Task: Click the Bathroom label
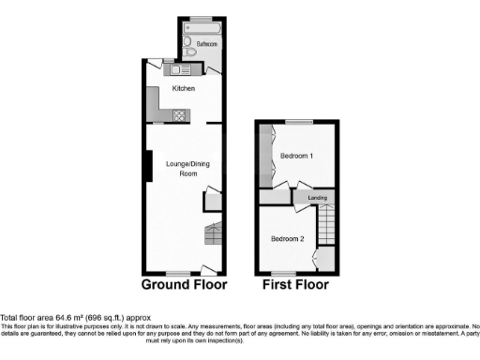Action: tap(207, 43)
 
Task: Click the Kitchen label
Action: tap(183, 88)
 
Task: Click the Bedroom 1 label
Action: tap(299, 155)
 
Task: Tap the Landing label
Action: tap(318, 197)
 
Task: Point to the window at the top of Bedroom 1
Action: tap(299, 123)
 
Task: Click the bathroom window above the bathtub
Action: tap(203, 19)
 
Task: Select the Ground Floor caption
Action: tap(185, 283)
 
